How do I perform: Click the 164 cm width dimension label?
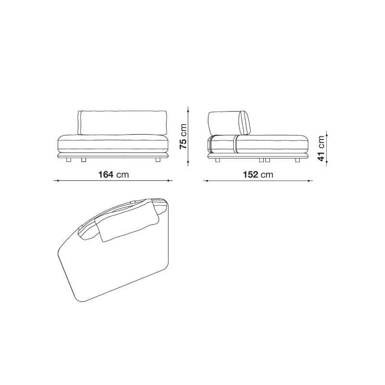pyautogui.click(x=114, y=175)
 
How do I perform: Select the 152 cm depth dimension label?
pyautogui.click(x=258, y=175)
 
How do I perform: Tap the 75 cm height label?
pyautogui.click(x=183, y=136)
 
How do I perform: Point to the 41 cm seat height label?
pyautogui.click(x=321, y=149)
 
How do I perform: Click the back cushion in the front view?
pyautogui.click(x=123, y=123)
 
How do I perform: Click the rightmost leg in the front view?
pyautogui.click(x=158, y=160)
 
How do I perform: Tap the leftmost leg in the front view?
pyautogui.click(x=68, y=160)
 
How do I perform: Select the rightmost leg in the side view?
pyautogui.click(x=297, y=160)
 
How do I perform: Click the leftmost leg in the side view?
pyautogui.click(x=218, y=160)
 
